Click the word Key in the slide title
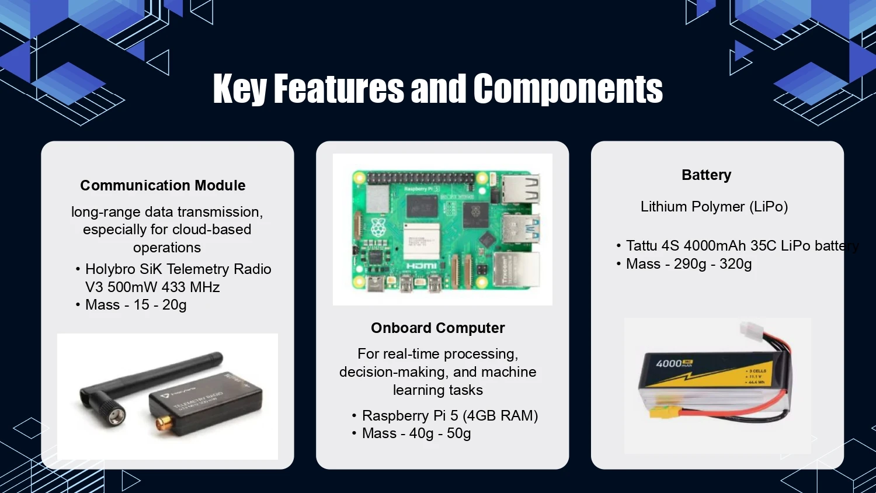tap(239, 89)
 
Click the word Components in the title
tap(568, 89)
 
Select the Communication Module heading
tap(163, 186)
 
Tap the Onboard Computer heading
tap(437, 328)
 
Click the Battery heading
tap(706, 175)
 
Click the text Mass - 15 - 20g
tap(135, 305)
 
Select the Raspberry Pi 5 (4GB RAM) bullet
tap(450, 415)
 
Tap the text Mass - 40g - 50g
tap(416, 433)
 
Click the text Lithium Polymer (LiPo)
tap(714, 207)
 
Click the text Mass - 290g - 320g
tap(689, 263)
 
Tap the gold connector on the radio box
tap(164, 423)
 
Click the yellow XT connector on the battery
tap(665, 412)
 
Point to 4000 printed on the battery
tap(669, 363)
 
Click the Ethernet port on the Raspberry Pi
tap(516, 270)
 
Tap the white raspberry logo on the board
tap(377, 227)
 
